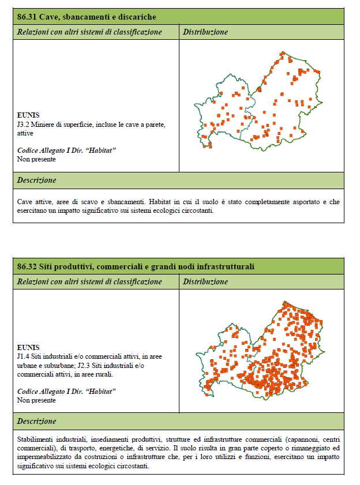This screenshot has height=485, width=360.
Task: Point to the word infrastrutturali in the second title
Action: [227, 266]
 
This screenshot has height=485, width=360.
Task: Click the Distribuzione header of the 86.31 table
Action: [205, 32]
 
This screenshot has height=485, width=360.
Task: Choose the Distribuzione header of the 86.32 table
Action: [205, 281]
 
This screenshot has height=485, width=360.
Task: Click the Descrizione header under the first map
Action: [36, 181]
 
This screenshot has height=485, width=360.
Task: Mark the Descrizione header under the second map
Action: [36, 422]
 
